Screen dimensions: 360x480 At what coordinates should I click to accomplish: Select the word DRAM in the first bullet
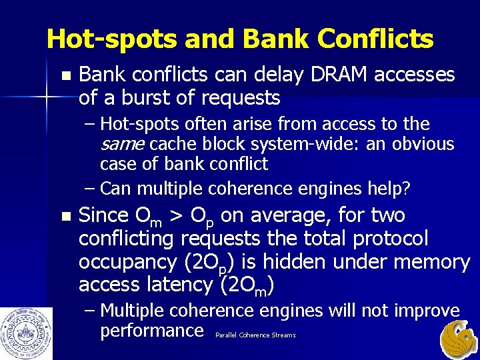[x=336, y=75]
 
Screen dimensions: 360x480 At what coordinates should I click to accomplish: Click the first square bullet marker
[x=64, y=76]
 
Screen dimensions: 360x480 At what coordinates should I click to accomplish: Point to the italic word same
[x=123, y=144]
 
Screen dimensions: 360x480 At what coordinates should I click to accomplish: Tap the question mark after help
[x=406, y=189]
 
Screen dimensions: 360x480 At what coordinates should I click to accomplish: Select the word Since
[x=103, y=215]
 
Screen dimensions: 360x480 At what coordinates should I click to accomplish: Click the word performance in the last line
[x=151, y=330]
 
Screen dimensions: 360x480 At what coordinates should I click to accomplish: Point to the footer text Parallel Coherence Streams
[x=255, y=335]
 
